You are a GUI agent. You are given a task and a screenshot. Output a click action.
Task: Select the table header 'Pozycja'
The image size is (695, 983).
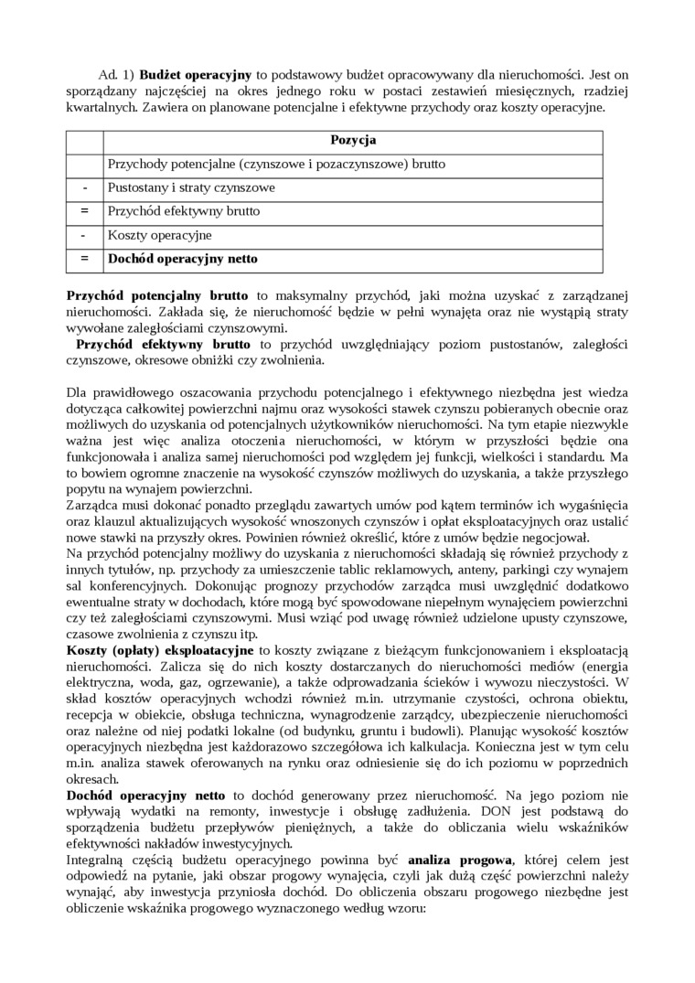352,141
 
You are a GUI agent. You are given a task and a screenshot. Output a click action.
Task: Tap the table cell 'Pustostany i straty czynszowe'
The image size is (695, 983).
191,188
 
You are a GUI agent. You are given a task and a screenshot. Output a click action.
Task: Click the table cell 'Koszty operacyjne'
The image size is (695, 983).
159,235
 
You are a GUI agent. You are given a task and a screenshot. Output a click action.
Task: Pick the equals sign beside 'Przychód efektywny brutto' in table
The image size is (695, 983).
84,211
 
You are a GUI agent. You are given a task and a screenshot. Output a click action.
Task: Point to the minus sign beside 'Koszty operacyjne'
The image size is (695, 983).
84,235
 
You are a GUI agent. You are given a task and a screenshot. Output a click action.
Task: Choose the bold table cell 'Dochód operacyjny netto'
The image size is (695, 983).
182,259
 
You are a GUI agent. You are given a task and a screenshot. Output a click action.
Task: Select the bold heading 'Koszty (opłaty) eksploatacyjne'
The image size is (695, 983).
160,650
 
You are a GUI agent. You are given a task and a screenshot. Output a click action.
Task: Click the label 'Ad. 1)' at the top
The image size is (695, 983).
114,74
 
